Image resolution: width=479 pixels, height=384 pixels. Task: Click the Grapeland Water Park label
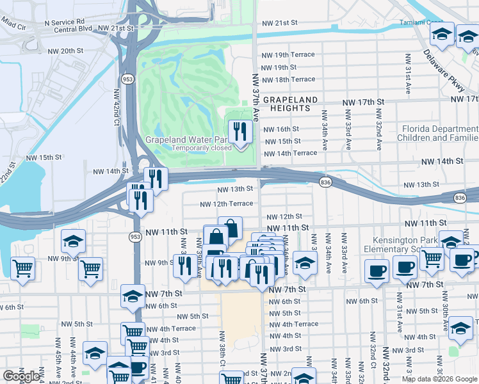[186, 140]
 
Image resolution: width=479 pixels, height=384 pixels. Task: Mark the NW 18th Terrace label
[289, 79]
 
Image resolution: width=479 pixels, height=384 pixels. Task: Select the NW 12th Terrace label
[226, 204]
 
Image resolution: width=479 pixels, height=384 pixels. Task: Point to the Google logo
[21, 376]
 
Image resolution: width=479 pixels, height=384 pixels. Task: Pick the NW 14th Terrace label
[290, 154]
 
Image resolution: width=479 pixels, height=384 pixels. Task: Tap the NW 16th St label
[281, 129]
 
